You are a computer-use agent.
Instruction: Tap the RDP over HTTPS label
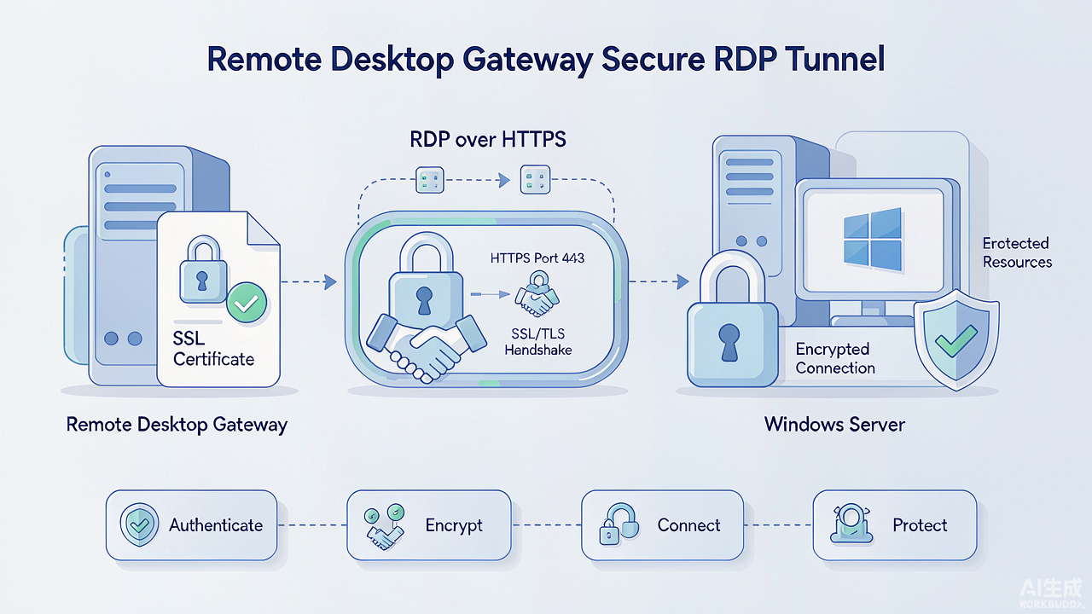[x=488, y=139]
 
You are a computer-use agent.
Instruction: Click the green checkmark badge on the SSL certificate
[x=247, y=303]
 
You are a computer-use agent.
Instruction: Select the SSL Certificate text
[x=213, y=349]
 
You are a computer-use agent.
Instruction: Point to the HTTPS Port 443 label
[x=537, y=258]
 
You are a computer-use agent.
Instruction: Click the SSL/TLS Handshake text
[x=538, y=342]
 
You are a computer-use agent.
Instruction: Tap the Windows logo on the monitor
[x=872, y=240]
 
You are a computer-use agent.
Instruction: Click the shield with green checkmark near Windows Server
[x=956, y=339]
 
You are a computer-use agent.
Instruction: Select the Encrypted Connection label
[x=835, y=358]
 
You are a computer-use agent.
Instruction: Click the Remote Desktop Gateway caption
[x=177, y=425]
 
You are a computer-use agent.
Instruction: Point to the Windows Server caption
[x=834, y=425]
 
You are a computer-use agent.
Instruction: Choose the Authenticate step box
[x=192, y=525]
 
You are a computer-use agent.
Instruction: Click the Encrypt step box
[x=429, y=525]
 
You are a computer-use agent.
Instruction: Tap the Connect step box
[x=663, y=525]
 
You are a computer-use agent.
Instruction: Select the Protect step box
[x=895, y=525]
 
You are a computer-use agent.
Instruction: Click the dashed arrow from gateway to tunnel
[x=309, y=281]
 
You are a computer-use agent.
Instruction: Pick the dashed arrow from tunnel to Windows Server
[x=659, y=281]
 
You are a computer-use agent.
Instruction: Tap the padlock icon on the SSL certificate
[x=203, y=269]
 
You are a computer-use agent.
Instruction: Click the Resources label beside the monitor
[x=1018, y=262]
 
